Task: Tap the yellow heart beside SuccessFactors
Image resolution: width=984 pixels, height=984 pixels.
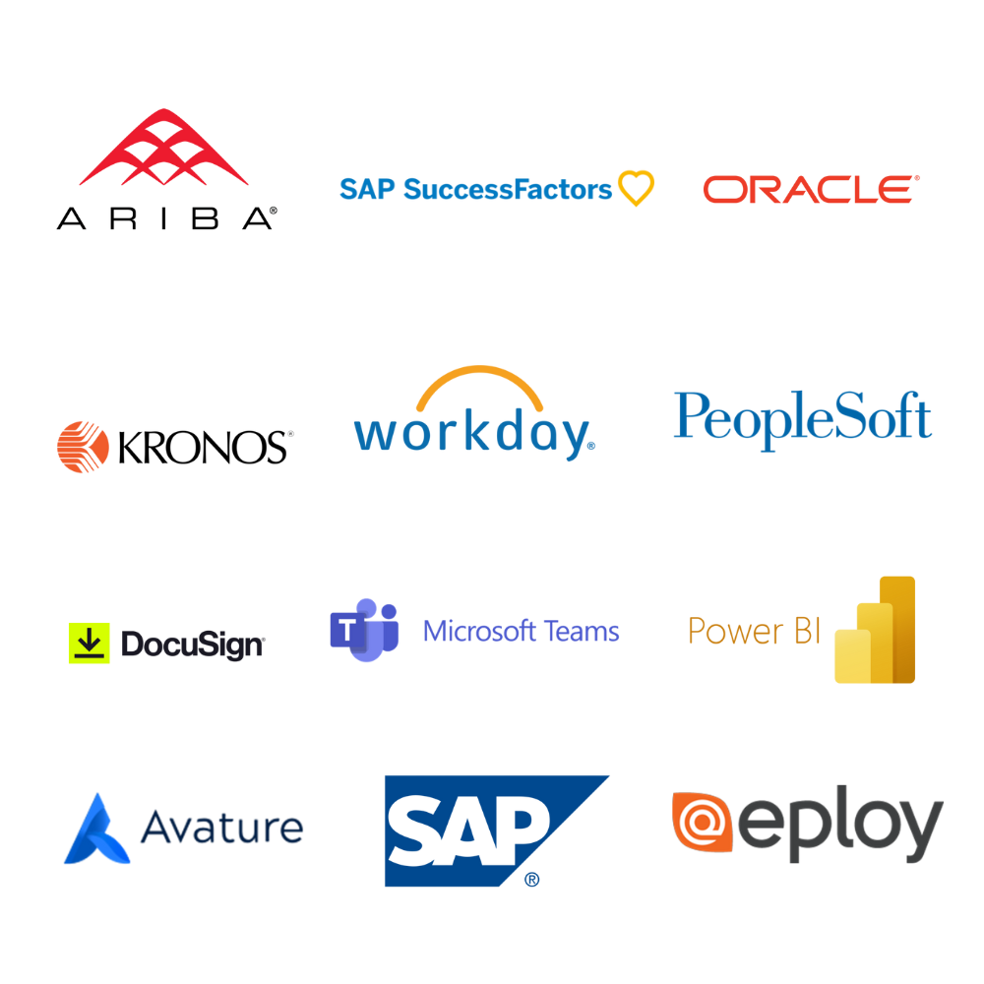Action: click(636, 186)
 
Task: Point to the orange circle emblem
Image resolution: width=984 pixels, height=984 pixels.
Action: click(83, 448)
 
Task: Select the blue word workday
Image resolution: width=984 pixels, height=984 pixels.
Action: click(473, 436)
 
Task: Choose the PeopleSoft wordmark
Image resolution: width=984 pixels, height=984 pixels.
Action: click(800, 417)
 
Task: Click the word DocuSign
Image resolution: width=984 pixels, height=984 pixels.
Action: click(192, 646)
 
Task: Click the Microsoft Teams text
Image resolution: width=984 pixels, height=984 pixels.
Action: click(520, 630)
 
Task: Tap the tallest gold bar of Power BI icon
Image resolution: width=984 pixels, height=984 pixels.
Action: click(897, 630)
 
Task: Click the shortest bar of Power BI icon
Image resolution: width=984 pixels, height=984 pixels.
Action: click(851, 659)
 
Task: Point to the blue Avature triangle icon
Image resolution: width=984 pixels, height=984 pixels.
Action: click(95, 836)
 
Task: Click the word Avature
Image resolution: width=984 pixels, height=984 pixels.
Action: click(218, 830)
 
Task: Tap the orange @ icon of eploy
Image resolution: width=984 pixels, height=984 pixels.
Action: click(703, 821)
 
